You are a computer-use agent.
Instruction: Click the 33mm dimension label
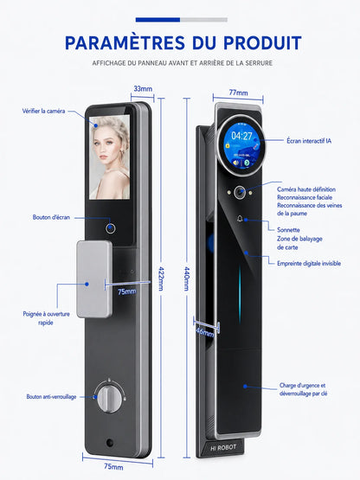tap(143, 89)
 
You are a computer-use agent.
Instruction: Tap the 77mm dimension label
tap(238, 93)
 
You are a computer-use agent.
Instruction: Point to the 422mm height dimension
tap(161, 278)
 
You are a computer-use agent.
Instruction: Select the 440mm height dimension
tap(187, 278)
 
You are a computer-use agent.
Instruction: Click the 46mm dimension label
tap(205, 332)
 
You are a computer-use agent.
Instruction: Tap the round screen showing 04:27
tap(241, 144)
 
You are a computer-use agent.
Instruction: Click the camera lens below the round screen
tap(240, 192)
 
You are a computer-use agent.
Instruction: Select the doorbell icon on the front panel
tap(240, 218)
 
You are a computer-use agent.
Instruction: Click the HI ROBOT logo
tap(223, 448)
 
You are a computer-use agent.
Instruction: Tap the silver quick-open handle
tap(94, 278)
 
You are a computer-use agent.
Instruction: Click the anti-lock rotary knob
tap(109, 397)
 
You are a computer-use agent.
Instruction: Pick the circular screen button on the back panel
tap(110, 228)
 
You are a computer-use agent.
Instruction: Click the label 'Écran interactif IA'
tap(309, 141)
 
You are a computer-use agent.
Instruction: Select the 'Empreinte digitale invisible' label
tap(309, 263)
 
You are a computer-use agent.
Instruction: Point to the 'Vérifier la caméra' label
tap(43, 111)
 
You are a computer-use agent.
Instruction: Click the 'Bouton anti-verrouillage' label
tap(51, 397)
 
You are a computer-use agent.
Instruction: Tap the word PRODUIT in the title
tap(262, 43)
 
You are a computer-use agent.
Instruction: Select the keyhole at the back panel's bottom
tap(109, 443)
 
